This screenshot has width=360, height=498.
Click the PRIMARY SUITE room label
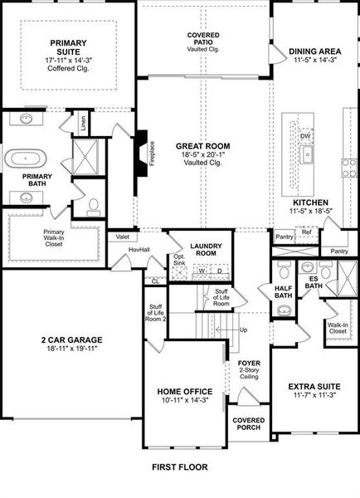click(x=68, y=47)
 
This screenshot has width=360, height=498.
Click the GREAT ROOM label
click(x=202, y=146)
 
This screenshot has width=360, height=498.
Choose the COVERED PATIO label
click(x=202, y=40)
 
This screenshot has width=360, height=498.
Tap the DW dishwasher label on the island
click(x=305, y=135)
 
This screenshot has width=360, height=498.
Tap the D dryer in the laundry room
click(x=219, y=271)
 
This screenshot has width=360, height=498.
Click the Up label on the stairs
click(x=242, y=330)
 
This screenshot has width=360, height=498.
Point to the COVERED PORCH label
click(x=248, y=423)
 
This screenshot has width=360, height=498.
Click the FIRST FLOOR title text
click(x=179, y=467)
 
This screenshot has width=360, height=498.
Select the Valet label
click(x=123, y=237)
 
